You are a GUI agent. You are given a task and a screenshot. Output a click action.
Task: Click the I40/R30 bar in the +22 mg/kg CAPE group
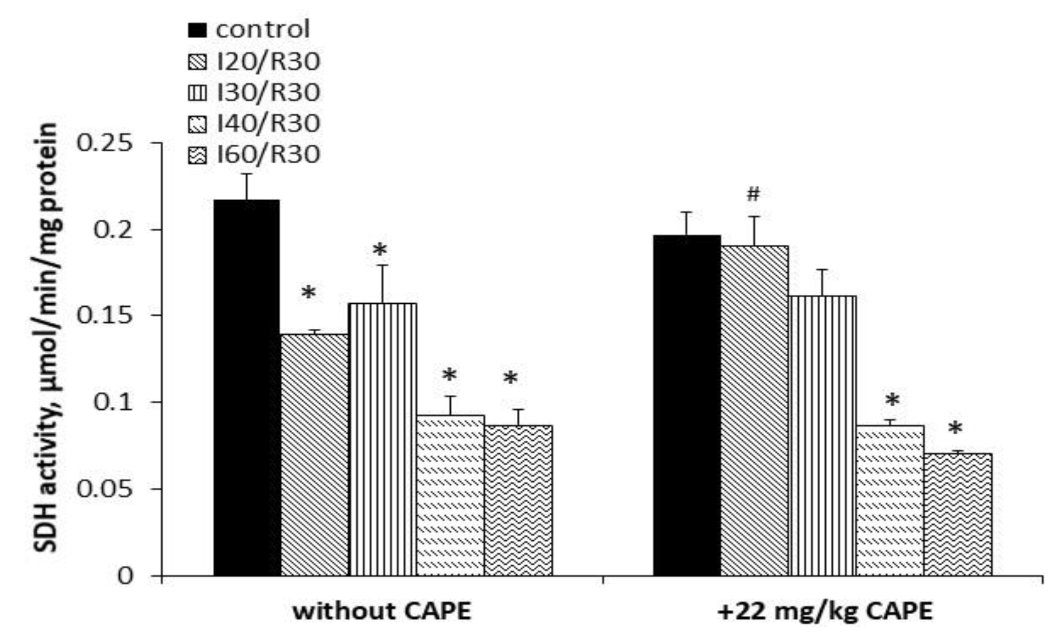click(x=890, y=500)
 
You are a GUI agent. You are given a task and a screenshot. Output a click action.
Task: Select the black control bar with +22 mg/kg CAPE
click(x=686, y=405)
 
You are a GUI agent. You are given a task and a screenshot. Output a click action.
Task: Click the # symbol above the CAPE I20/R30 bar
click(x=753, y=194)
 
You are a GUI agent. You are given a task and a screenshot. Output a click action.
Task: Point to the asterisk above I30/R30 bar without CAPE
click(x=380, y=250)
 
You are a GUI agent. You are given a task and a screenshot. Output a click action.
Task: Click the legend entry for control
click(x=262, y=30)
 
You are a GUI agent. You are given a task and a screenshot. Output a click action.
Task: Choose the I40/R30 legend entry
click(x=268, y=124)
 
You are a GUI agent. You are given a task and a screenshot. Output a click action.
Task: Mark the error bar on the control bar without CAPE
click(x=246, y=186)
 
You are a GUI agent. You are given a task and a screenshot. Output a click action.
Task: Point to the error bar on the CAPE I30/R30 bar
click(x=822, y=282)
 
